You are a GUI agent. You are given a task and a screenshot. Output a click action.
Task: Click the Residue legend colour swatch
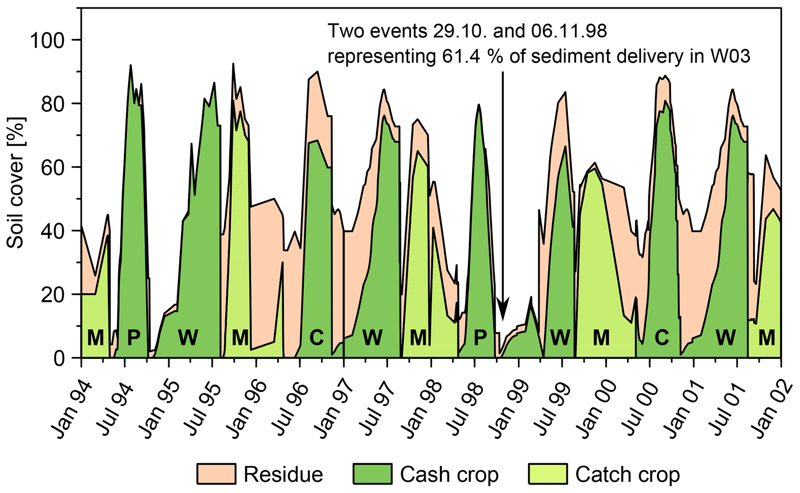(x=216, y=474)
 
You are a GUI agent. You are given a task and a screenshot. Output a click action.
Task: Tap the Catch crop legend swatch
(x=548, y=474)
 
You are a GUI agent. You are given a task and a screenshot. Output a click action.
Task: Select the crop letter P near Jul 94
(x=134, y=337)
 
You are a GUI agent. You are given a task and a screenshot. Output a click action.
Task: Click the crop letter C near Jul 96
(x=316, y=337)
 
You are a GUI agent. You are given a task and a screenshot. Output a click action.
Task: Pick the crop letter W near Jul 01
(x=725, y=337)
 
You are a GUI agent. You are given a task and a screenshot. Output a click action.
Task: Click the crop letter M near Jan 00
(x=601, y=337)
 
